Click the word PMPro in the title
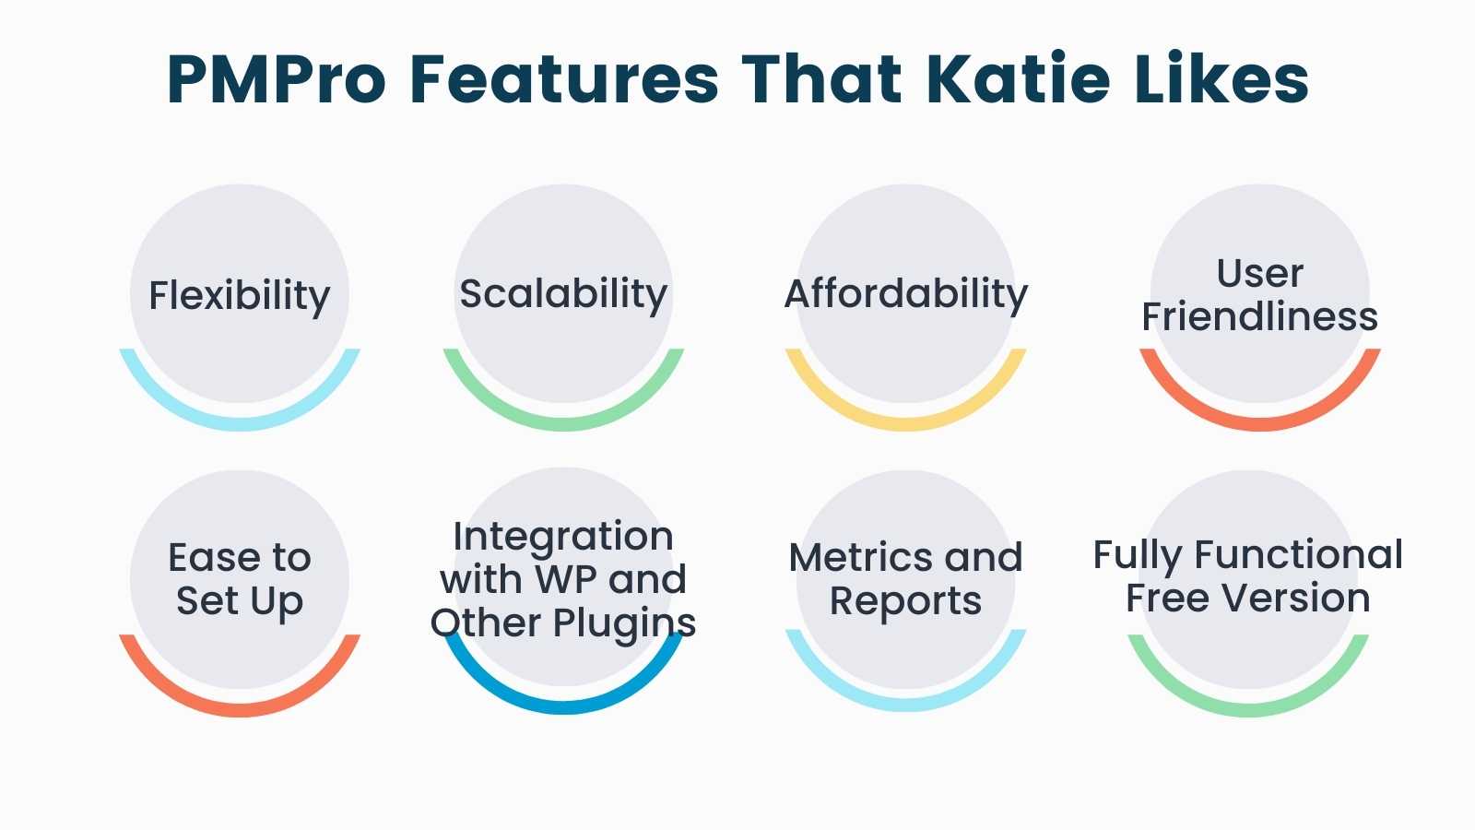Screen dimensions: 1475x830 [x=277, y=79]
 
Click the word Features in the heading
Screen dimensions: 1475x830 [x=564, y=79]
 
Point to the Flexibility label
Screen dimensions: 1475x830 [x=239, y=296]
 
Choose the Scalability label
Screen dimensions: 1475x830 [x=563, y=294]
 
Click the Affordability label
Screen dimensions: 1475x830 [x=906, y=294]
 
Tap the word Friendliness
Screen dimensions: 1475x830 [x=1259, y=317]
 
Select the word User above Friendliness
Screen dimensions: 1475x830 [x=1259, y=273]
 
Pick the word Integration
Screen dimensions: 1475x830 [x=563, y=538]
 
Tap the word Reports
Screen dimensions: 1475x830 [x=906, y=602]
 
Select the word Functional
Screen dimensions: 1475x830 [x=1299, y=554]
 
